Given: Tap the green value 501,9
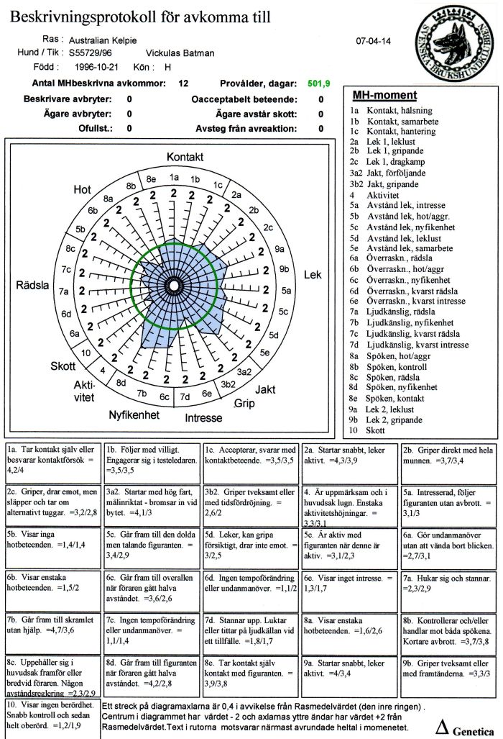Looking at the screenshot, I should click(x=318, y=84).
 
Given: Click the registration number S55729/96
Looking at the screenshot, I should click(x=93, y=53).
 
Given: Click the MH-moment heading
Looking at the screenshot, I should click(x=384, y=96).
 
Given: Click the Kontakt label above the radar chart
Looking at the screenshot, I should click(x=185, y=157).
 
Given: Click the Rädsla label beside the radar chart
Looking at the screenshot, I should click(x=32, y=286).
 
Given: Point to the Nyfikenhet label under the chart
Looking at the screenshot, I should click(x=134, y=415).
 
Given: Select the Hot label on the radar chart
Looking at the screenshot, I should click(x=82, y=189).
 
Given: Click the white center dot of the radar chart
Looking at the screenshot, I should click(x=173, y=286).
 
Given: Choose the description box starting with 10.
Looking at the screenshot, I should click(x=52, y=715).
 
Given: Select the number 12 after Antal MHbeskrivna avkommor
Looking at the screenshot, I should click(x=183, y=84).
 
